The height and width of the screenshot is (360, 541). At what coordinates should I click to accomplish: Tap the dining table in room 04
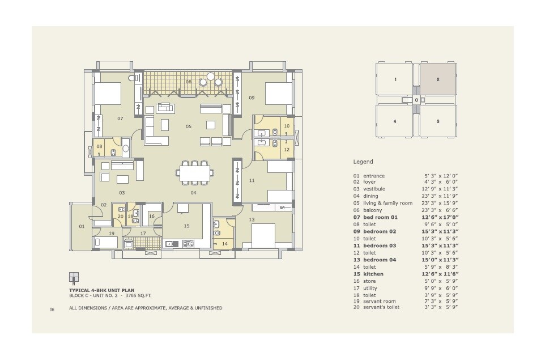coord(195,172)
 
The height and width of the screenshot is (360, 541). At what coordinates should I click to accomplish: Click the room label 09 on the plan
coord(252,98)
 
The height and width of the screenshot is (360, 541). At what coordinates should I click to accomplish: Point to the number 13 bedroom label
coord(252,219)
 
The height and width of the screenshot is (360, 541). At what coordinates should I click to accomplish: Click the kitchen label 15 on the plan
coord(186,226)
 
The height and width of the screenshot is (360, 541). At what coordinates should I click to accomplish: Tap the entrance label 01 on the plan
coord(80,226)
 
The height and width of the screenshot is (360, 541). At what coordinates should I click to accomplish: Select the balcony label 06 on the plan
coord(189,82)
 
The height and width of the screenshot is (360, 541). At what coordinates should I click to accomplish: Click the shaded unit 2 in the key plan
coord(438,80)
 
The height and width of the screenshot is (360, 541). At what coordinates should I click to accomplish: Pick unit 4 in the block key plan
coord(395,121)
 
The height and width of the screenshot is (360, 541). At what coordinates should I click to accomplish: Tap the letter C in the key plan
coord(416,100)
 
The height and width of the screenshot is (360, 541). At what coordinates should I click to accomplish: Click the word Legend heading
coord(363,162)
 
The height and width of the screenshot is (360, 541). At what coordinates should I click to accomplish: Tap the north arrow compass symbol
coord(74,278)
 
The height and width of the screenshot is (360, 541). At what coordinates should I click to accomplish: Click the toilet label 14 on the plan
coord(224,244)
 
